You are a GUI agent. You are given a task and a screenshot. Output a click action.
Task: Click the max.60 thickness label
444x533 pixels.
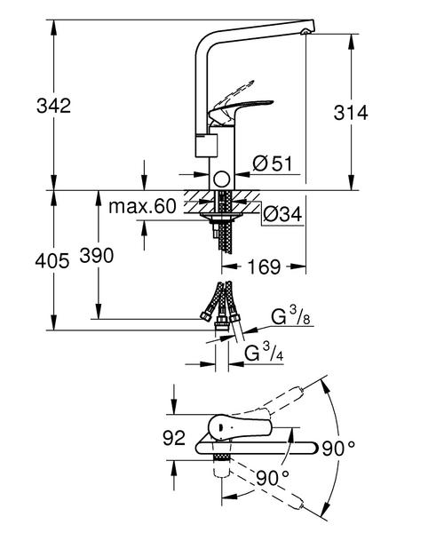[x=143, y=208]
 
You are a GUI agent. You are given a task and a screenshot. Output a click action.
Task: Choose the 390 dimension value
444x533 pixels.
[x=97, y=257]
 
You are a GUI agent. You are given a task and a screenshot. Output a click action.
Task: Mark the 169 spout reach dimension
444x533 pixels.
[x=264, y=266]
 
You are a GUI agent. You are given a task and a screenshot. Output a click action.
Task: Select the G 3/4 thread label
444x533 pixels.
[x=264, y=354]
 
